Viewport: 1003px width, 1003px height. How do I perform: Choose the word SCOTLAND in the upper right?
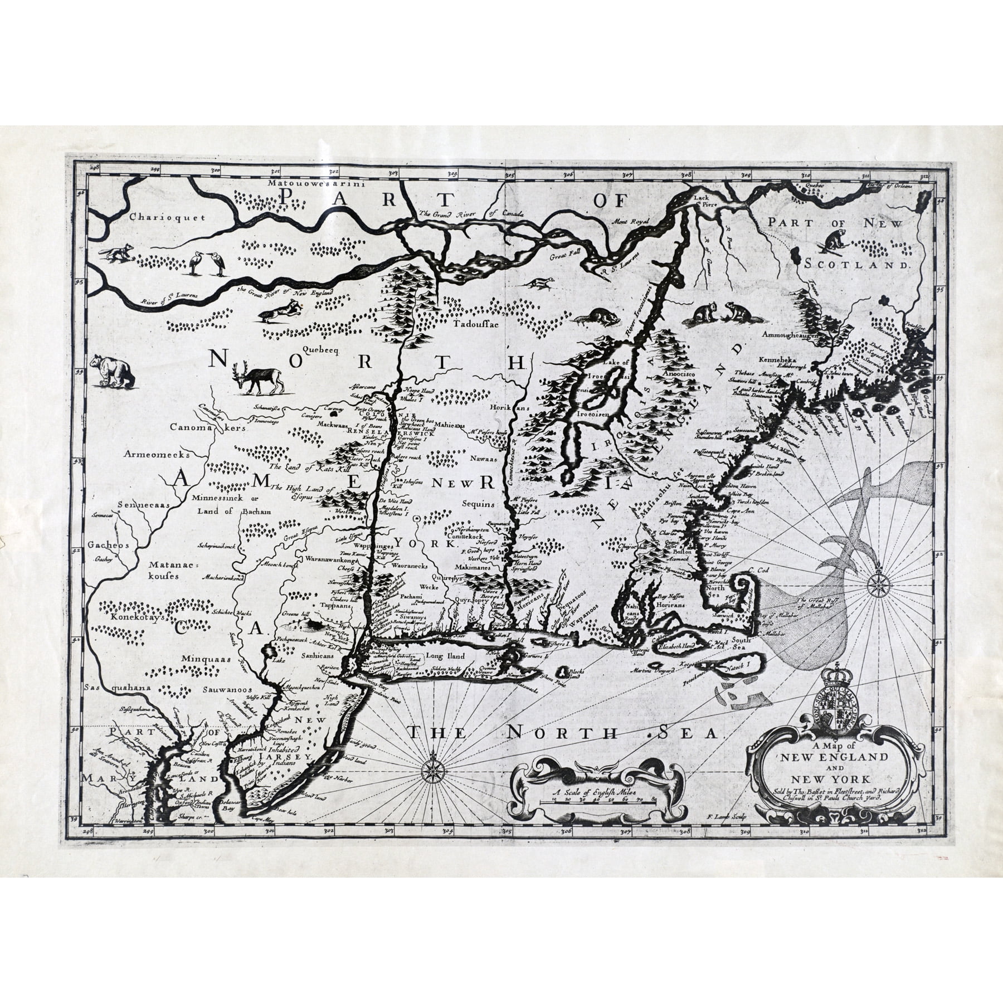[x=856, y=265]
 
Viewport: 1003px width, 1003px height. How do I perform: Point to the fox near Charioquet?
[x=116, y=253]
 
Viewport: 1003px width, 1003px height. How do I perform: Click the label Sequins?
[x=478, y=504]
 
